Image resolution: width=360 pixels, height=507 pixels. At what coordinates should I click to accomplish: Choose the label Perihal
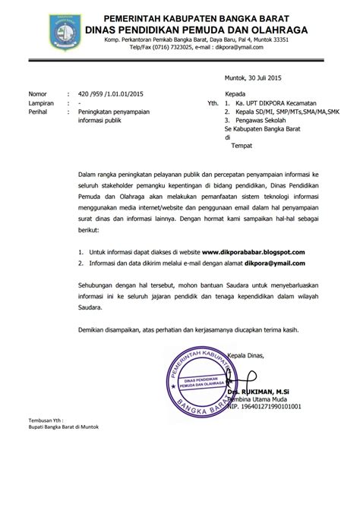[x=39, y=112]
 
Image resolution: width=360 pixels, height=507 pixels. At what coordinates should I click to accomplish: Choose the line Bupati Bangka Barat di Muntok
[x=65, y=448]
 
